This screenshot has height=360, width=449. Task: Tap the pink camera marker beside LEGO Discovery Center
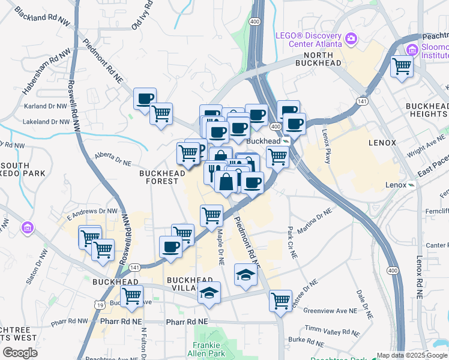[x=352, y=40]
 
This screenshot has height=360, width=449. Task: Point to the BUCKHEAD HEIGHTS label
[x=427, y=110]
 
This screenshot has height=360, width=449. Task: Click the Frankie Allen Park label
[x=209, y=349]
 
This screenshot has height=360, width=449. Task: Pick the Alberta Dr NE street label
[x=112, y=158]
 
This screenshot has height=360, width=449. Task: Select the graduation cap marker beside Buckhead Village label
[x=209, y=293]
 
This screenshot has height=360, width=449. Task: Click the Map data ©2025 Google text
[x=412, y=355]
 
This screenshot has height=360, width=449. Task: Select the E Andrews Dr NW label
[x=92, y=211]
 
